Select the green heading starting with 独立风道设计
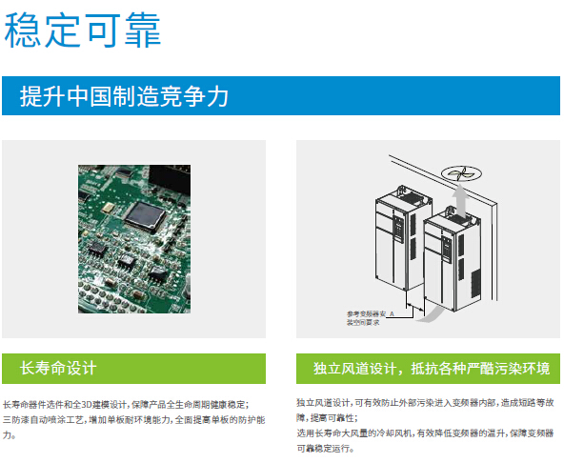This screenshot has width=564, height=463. tap(423, 368)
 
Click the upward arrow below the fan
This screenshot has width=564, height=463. tap(461, 201)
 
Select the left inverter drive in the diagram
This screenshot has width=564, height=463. tap(393, 238)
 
